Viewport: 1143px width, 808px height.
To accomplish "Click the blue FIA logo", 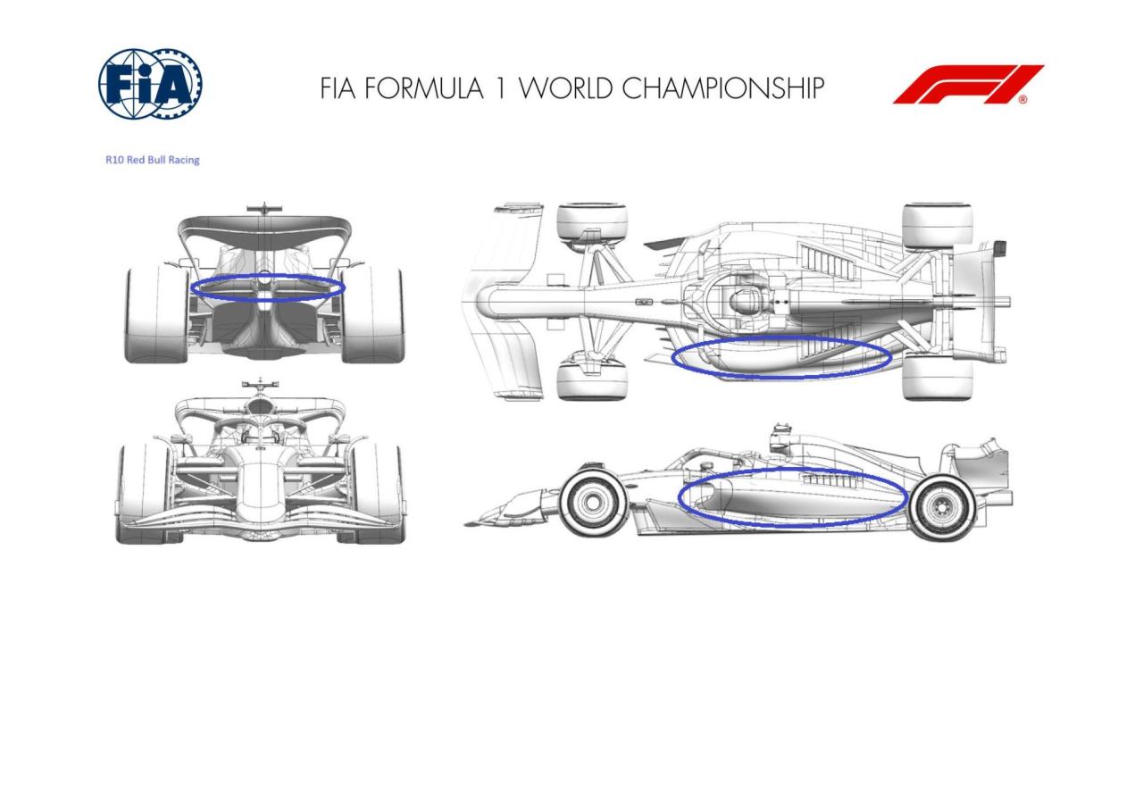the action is pos(151,84).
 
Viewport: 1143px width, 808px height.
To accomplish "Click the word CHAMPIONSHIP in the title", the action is pos(722,87).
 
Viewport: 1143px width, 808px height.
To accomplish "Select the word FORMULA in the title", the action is pos(423,87).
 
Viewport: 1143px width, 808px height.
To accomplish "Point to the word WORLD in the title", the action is pos(565,87).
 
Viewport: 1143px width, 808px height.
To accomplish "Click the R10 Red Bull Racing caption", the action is pos(152,160).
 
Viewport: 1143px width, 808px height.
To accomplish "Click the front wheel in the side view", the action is pos(592,503).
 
